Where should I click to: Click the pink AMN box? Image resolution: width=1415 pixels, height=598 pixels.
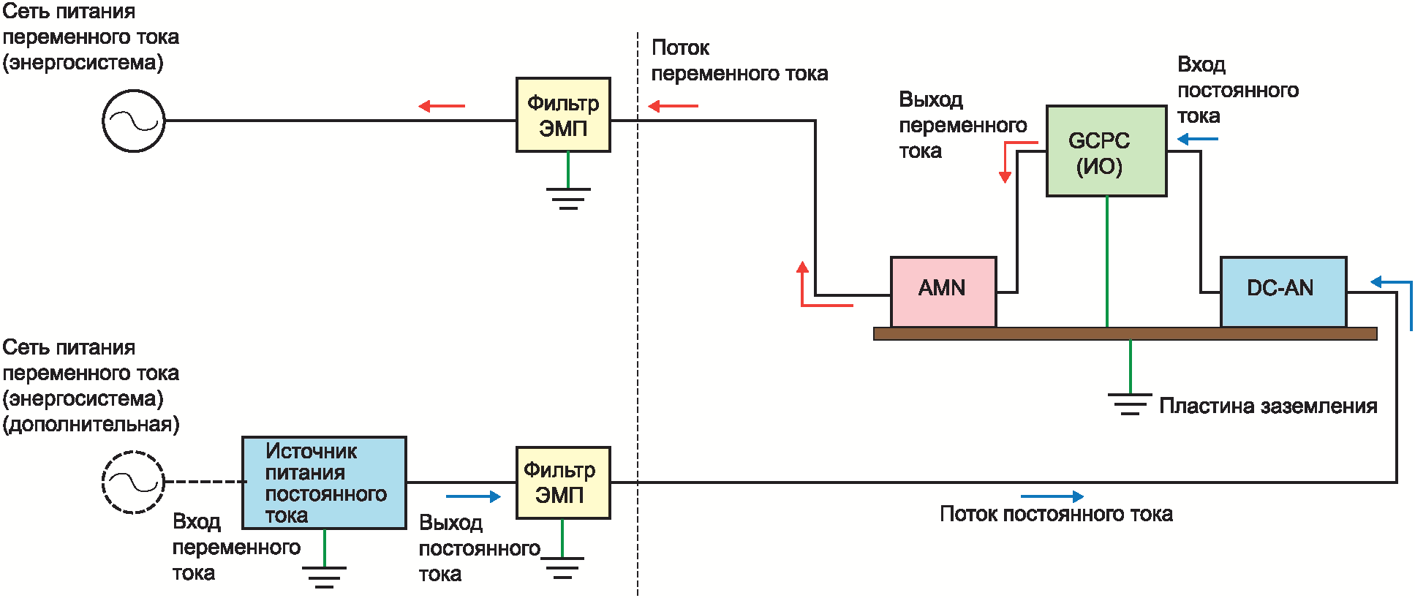(943, 292)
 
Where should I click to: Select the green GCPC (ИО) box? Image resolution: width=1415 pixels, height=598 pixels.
(1106, 151)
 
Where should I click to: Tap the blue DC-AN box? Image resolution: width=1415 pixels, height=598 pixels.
(1283, 292)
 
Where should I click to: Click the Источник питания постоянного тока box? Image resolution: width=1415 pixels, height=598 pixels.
(324, 482)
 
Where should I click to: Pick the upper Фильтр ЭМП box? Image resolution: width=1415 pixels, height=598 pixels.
(563, 115)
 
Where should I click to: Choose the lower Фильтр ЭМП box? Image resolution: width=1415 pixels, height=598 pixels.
(563, 482)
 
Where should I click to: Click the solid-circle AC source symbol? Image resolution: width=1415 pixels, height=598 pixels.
(133, 121)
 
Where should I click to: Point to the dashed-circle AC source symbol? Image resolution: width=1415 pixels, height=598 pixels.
(133, 482)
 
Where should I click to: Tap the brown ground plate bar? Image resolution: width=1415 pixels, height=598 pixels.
(1125, 334)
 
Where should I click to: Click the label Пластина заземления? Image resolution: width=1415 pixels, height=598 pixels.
(1268, 406)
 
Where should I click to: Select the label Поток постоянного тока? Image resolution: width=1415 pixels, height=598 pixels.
(1056, 514)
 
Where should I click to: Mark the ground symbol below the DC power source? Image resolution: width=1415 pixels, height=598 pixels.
(324, 576)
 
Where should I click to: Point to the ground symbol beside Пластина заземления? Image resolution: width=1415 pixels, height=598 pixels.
(1130, 404)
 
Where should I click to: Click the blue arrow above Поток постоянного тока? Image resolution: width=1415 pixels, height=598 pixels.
(1052, 496)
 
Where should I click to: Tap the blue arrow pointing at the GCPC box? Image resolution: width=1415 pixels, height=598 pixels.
(1197, 139)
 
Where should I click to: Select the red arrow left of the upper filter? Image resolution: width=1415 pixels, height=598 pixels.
(442, 106)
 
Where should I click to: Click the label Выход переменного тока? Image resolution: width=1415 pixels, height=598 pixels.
(962, 125)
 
